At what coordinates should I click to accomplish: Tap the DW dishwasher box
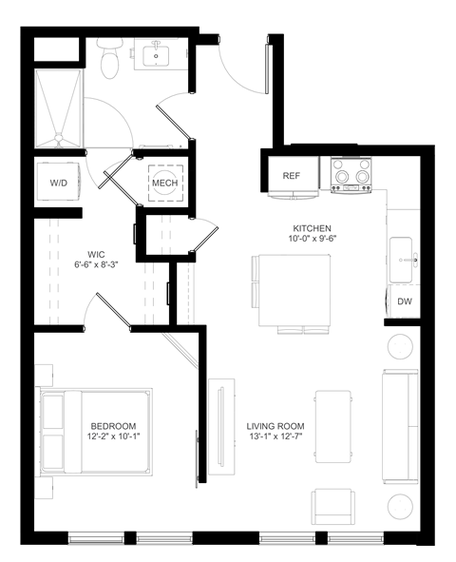pyautogui.click(x=405, y=301)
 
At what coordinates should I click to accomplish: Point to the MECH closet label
pyautogui.click(x=165, y=182)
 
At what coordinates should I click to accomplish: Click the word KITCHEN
pyautogui.click(x=312, y=228)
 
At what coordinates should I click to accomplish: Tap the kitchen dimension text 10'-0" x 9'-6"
pyautogui.click(x=312, y=241)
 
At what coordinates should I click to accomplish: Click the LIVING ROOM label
pyautogui.click(x=275, y=425)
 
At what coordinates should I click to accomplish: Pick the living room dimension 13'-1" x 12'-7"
pyautogui.click(x=275, y=437)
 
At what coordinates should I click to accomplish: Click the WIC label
pyautogui.click(x=96, y=255)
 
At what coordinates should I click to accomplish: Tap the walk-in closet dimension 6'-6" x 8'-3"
pyautogui.click(x=96, y=267)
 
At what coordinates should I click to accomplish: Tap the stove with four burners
pyautogui.click(x=350, y=174)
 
